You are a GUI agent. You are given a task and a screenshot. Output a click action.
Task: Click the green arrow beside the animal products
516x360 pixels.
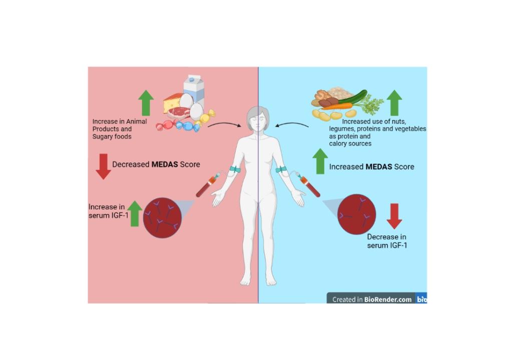(x=146, y=102)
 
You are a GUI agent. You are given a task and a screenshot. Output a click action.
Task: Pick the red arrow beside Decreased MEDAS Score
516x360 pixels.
(x=103, y=166)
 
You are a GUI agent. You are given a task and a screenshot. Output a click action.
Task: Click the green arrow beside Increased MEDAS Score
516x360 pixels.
(x=320, y=161)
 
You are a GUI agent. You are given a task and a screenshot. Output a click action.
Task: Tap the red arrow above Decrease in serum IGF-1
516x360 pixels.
(x=394, y=216)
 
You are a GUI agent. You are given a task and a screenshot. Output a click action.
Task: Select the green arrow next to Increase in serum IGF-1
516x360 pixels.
(x=134, y=213)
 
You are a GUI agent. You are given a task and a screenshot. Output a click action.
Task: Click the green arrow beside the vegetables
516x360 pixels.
(x=394, y=102)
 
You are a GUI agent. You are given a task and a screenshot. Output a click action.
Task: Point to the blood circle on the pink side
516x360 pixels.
(x=162, y=218)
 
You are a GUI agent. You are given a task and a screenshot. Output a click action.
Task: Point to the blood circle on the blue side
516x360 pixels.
(x=356, y=215)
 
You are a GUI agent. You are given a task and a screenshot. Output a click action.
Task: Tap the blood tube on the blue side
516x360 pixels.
(x=310, y=185)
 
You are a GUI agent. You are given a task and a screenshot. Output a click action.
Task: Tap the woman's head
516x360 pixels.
(x=258, y=120)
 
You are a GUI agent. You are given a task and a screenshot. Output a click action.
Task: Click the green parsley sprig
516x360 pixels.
(x=372, y=106)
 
